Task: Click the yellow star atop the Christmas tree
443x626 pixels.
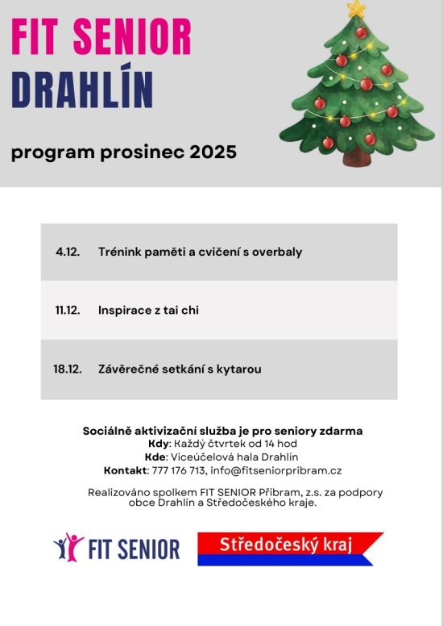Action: (x=357, y=9)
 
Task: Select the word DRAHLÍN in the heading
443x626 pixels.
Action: (x=82, y=90)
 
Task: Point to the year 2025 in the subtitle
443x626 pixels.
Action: (x=213, y=152)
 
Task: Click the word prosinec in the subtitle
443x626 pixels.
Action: (x=143, y=152)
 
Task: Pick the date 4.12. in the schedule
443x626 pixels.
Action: (x=68, y=252)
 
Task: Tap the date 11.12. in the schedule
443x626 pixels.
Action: (x=68, y=310)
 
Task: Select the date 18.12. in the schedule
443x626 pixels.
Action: (x=68, y=369)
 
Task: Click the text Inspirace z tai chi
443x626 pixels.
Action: (x=148, y=310)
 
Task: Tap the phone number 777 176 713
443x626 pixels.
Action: (x=179, y=470)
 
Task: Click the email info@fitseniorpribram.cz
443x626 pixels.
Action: (x=275, y=470)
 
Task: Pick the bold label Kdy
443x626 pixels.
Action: (x=159, y=444)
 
